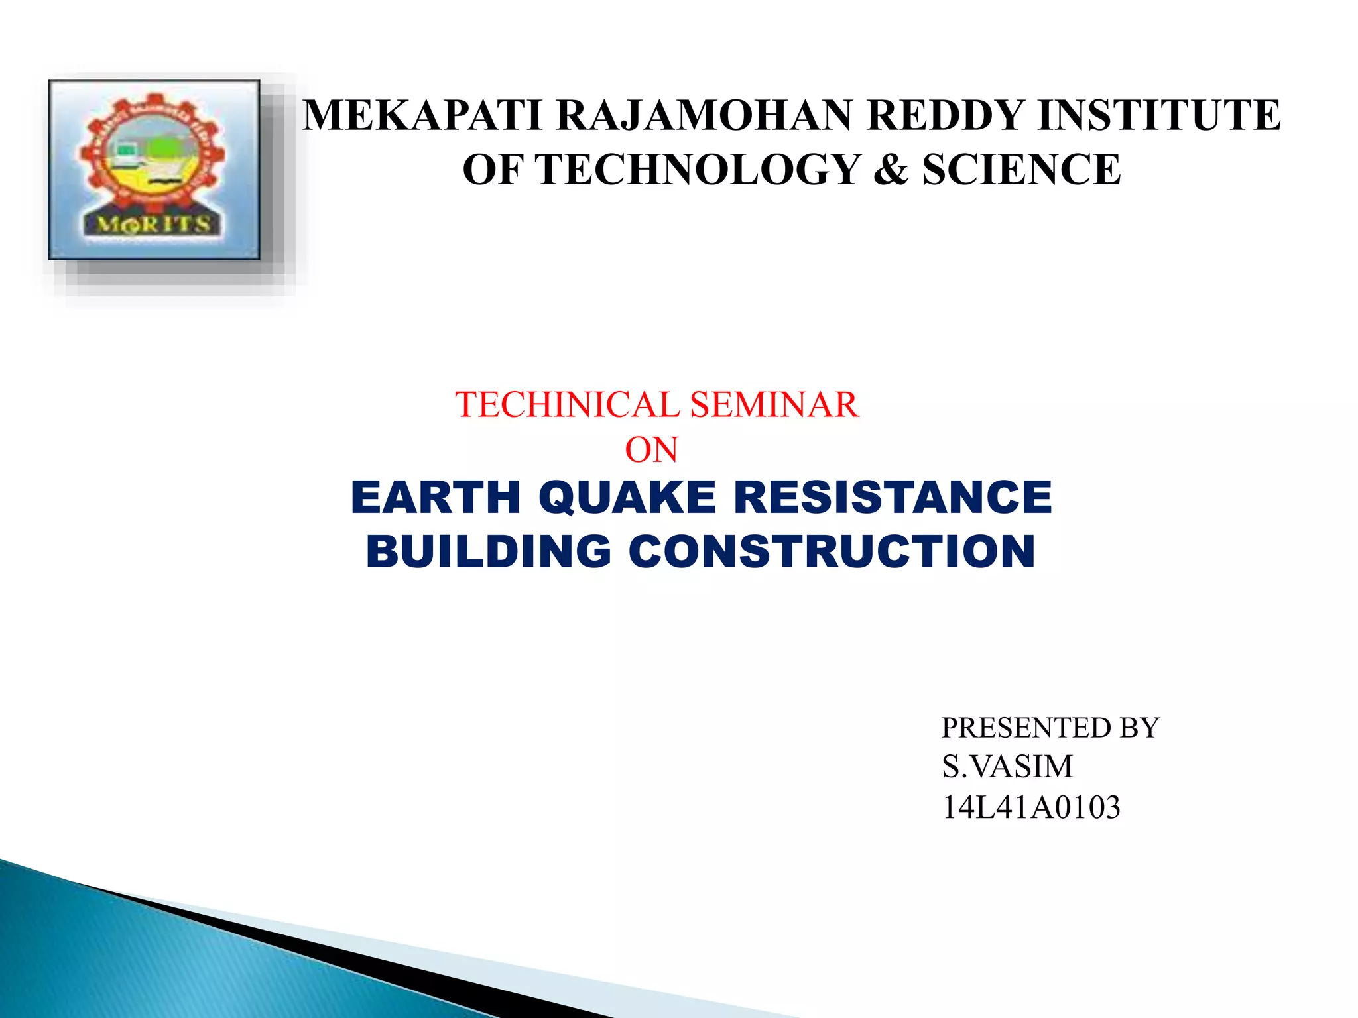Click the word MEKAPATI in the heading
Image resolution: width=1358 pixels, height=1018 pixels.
pos(423,115)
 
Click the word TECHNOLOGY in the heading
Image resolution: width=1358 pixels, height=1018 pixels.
pos(698,170)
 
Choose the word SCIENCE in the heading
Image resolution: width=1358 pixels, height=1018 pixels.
pos(1021,170)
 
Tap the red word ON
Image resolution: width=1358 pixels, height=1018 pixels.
pos(651,451)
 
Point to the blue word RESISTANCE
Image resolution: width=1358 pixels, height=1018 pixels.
pos(893,498)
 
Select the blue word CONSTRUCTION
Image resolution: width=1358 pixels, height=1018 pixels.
pos(832,552)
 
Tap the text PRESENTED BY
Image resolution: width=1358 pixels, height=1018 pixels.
pos(1050,728)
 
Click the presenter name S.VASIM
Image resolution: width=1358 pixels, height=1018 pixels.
pos(1007,767)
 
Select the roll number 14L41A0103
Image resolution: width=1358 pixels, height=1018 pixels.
pos(1030,807)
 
